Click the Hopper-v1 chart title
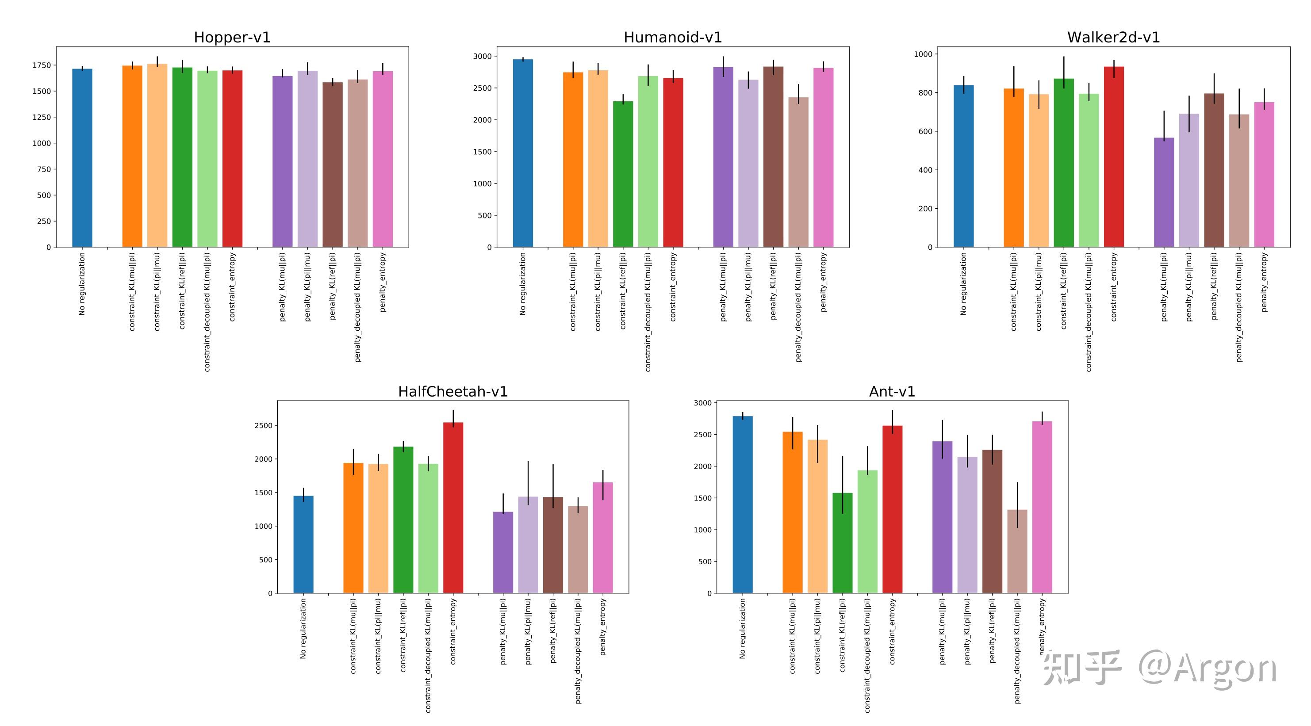(x=232, y=37)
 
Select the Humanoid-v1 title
(x=672, y=37)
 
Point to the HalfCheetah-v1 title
(x=452, y=391)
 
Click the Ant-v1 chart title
(x=892, y=391)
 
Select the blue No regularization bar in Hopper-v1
(x=82, y=158)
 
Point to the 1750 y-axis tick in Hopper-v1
(x=41, y=65)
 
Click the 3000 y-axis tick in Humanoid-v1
(x=483, y=57)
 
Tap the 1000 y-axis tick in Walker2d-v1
(x=923, y=54)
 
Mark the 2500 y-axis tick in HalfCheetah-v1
(x=263, y=425)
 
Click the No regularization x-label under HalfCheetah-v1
(x=303, y=628)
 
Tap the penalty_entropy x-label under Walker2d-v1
(x=1264, y=283)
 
